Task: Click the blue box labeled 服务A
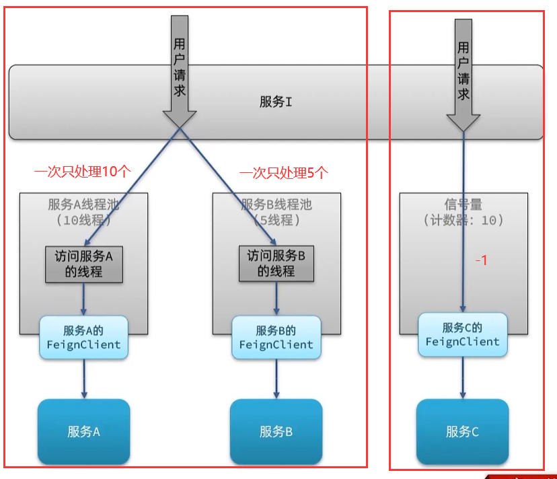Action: [x=83, y=431]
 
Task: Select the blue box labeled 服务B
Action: [x=276, y=431]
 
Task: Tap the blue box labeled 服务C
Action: [x=462, y=431]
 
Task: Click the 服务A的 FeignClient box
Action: [x=83, y=337]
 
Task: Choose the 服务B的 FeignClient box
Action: [x=276, y=337]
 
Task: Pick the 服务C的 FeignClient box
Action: [x=462, y=334]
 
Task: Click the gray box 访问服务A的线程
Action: [x=83, y=264]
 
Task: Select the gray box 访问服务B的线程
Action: [x=276, y=264]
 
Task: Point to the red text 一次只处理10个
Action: [x=81, y=172]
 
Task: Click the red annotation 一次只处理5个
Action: [x=283, y=172]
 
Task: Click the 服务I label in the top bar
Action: [x=276, y=102]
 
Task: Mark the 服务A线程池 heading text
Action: [x=83, y=205]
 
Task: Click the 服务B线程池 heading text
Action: [x=276, y=205]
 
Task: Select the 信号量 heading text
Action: [x=463, y=205]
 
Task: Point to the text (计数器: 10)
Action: [x=463, y=220]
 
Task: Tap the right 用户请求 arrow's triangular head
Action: [x=463, y=122]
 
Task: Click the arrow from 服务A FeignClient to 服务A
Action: [x=83, y=379]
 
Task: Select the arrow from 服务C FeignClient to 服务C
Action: [x=462, y=377]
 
